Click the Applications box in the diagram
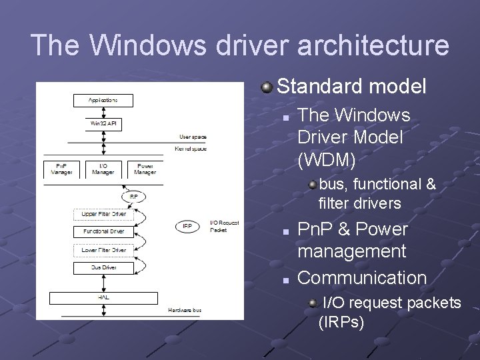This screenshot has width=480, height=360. (x=103, y=101)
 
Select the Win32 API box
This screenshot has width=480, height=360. (x=103, y=123)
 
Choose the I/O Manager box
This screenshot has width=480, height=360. (x=103, y=169)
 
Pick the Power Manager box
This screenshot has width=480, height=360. (x=146, y=169)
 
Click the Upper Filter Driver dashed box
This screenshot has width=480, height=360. (x=103, y=215)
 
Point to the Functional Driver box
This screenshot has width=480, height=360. (x=103, y=232)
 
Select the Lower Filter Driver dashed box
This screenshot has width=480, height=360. (x=103, y=250)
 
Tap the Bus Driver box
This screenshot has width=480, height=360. (x=103, y=268)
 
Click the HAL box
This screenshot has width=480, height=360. (x=103, y=295)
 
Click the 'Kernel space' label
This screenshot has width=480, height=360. (x=189, y=148)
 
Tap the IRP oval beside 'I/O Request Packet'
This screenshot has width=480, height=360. (x=188, y=226)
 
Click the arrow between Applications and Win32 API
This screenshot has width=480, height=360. (x=103, y=112)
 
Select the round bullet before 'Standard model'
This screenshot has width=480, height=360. (x=267, y=87)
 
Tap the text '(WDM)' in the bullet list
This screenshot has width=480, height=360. (x=327, y=160)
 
